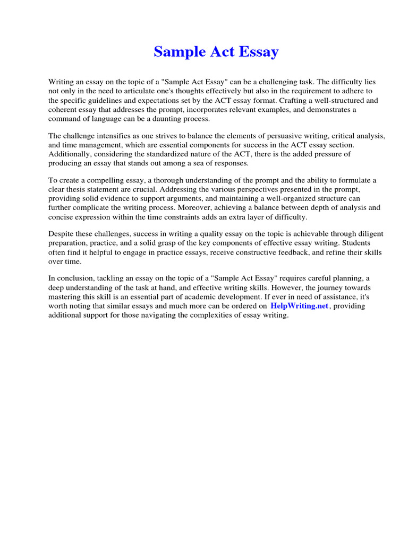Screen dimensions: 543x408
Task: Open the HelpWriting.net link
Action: point(300,306)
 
